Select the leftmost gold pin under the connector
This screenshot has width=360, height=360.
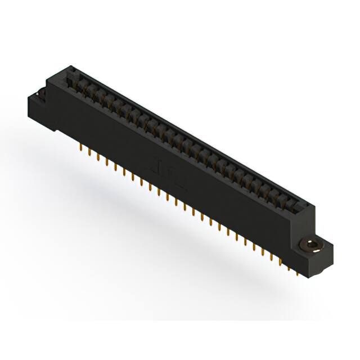82,148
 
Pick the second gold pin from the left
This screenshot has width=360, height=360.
90,153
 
